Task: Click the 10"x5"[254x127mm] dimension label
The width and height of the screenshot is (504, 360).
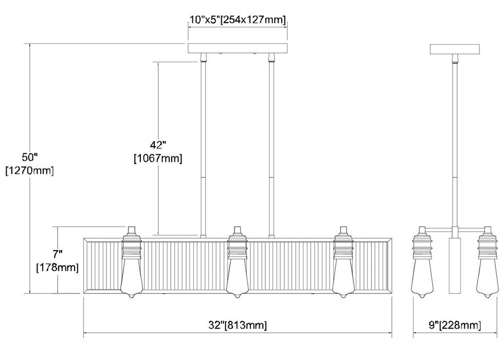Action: point(237,20)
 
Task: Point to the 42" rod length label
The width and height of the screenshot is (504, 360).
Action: point(157,145)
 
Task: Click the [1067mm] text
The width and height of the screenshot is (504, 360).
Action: point(157,158)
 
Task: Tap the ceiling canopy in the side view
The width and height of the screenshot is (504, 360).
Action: point(455,49)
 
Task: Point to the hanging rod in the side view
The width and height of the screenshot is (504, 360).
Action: point(455,144)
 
